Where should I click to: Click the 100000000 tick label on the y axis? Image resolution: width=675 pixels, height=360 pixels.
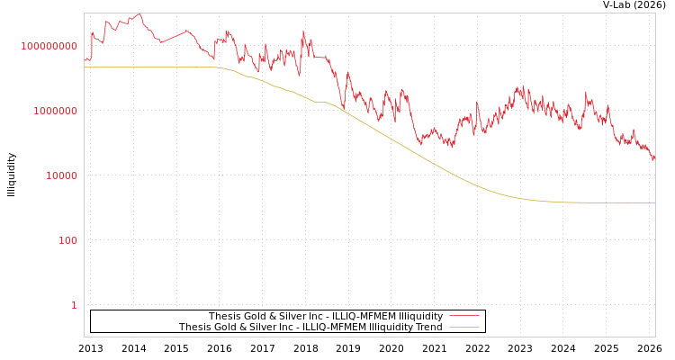click(49, 46)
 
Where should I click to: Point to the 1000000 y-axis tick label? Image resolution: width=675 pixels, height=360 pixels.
click(56, 111)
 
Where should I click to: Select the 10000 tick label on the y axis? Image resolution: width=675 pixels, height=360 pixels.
click(62, 175)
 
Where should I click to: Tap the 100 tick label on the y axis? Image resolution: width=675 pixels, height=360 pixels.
click(68, 240)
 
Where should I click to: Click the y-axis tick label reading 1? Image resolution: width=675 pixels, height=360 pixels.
click(74, 305)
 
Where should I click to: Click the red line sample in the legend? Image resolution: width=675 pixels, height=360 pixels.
click(463, 316)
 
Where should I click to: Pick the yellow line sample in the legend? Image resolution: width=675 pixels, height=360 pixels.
click(463, 327)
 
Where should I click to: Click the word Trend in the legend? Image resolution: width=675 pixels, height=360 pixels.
click(428, 327)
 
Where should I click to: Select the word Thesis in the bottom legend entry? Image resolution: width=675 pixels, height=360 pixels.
click(193, 327)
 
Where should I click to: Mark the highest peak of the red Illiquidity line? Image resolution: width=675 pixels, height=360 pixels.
click(139, 14)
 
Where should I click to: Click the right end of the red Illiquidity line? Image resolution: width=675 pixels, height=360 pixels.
click(654, 159)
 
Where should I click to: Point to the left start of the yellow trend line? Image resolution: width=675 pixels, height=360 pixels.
click(85, 67)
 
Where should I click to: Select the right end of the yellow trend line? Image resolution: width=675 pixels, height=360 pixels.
click(654, 202)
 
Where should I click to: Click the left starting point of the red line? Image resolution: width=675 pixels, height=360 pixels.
click(85, 61)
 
